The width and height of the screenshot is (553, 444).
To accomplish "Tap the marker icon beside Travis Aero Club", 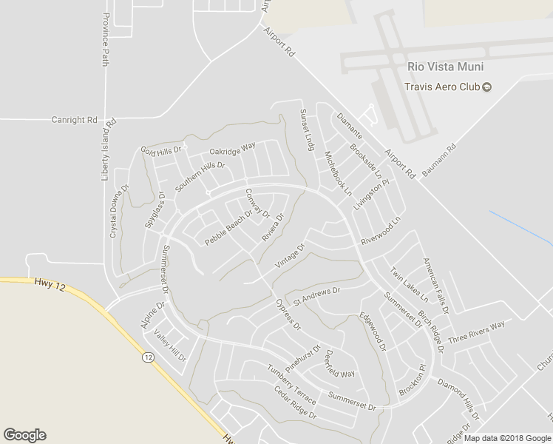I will click(x=487, y=87).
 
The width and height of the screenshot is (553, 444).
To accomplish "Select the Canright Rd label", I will click(x=74, y=119).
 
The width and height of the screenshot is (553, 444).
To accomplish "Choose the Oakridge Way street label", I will click(x=232, y=146).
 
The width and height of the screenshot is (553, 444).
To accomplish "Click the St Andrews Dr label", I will click(x=316, y=297).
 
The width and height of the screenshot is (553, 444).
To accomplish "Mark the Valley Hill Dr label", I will click(x=171, y=345).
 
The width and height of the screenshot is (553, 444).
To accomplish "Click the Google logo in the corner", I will click(x=24, y=435).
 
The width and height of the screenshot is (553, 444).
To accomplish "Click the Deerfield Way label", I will click(x=340, y=363).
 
